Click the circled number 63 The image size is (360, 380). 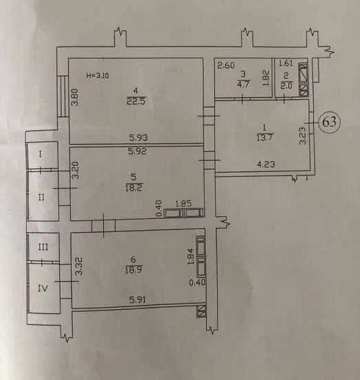pos(330,122)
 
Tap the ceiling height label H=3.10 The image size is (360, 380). pos(98,75)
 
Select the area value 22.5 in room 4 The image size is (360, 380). pos(136,101)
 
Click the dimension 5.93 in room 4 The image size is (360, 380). pos(138,138)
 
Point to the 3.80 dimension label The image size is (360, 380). pos(75,96)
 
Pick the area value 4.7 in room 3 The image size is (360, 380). pos(244,84)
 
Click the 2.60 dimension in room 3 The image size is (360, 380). pos(226,65)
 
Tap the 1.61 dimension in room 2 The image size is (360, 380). pos(286,63)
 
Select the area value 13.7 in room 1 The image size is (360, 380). pos(264,138)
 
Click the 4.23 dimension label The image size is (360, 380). pos(266,165)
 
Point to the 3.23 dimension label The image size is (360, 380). pos(303,136)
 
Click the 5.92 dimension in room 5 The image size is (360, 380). pos(138,151)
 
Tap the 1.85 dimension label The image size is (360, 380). pos(183,203)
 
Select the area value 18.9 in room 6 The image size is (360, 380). pos(134,269)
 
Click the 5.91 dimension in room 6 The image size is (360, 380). pos(138,300)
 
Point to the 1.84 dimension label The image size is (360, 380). pos(191,256)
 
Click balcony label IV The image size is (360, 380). pos(43,288)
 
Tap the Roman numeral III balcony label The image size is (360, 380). pos(43,247)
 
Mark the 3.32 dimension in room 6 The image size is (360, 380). pos(79,266)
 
